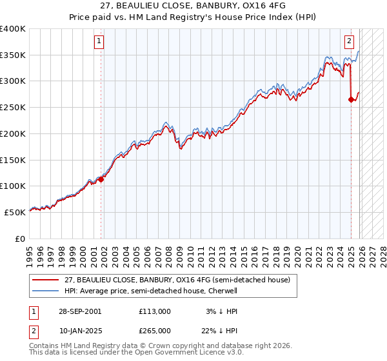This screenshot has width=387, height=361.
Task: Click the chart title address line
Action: (193, 5)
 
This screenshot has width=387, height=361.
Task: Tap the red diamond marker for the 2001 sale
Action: (101, 180)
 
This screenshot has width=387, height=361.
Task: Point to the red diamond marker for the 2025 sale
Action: (352, 99)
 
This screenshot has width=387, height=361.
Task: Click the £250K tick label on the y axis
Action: (13, 107)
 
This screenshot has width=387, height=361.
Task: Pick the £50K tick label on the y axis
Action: (15, 211)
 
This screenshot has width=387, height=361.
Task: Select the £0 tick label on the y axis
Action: (21, 238)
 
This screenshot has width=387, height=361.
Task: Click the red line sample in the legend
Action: (46, 280)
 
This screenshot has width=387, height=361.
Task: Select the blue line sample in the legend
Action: (46, 291)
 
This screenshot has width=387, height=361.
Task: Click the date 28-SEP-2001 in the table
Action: (79, 311)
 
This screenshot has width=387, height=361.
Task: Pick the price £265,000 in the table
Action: (154, 330)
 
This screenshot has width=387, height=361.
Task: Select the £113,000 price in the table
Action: (154, 311)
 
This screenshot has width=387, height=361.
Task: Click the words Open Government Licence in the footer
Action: (185, 353)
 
